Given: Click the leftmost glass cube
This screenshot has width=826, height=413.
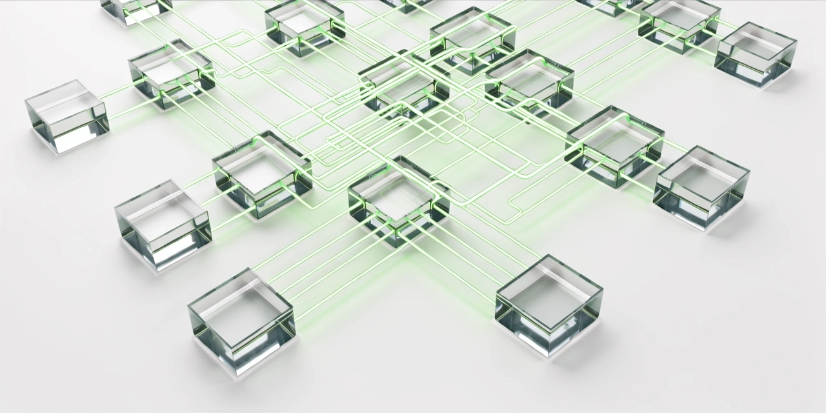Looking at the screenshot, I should (67, 116).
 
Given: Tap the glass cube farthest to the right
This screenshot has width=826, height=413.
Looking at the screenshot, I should (756, 54).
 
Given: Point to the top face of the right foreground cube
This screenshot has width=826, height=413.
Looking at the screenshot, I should (549, 288).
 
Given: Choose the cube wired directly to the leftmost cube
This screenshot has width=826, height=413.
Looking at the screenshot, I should (171, 73).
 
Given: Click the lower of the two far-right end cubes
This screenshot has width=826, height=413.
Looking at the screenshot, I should (701, 185).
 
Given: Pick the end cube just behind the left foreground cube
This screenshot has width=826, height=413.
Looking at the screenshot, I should (163, 223).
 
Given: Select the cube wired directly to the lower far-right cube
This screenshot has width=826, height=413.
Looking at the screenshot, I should (614, 146).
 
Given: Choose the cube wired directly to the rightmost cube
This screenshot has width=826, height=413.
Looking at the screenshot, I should (679, 25).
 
